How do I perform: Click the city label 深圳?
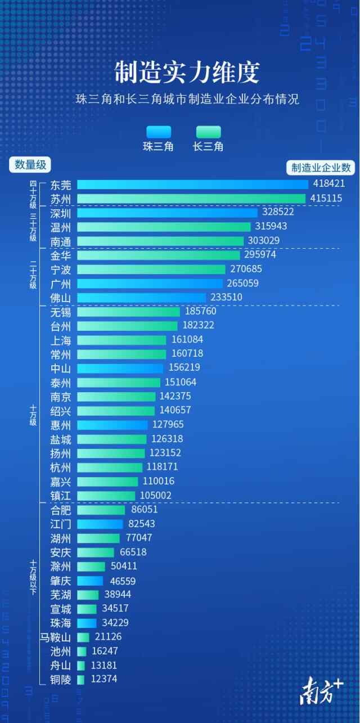coord(61,213)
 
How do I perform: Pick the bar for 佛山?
coord(141,297)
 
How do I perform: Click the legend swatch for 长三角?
coord(208,132)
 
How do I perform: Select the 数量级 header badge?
coord(30,165)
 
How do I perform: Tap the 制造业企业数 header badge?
coord(321,167)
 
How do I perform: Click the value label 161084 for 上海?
coord(187,339)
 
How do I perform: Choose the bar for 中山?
coord(120,368)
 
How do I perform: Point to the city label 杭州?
coord(61,467)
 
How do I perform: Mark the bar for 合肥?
coord(101,510)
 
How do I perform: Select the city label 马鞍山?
coord(55,637)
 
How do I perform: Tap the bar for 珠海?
coord(87,623)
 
